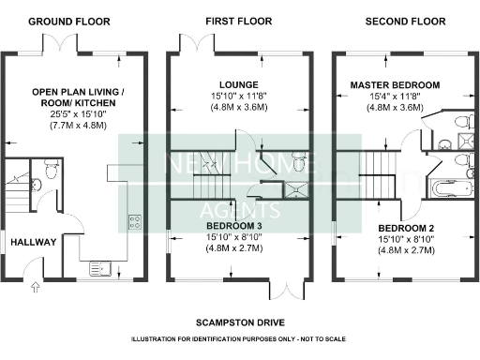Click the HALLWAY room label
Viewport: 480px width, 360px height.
click(x=34, y=242)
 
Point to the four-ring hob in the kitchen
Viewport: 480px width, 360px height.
click(x=134, y=222)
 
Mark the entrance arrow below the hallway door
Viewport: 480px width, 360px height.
click(x=35, y=289)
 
